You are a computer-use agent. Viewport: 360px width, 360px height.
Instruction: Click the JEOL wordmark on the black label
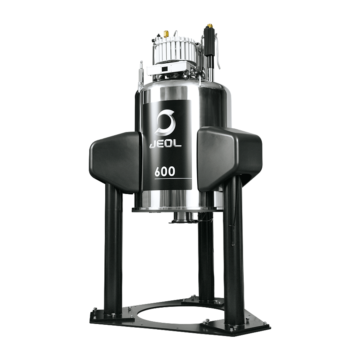point(166,144)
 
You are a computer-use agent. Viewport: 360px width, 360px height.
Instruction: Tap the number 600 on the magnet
point(165,171)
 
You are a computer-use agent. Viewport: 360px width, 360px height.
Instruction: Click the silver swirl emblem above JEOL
point(165,122)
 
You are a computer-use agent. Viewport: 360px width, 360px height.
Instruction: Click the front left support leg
point(114,252)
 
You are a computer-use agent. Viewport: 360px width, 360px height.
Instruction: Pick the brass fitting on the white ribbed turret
point(165,34)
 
